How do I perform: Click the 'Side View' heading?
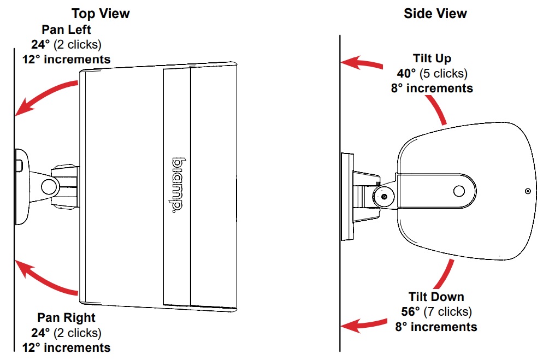(435, 13)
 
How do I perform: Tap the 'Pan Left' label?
(66, 30)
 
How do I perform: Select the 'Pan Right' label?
(66, 317)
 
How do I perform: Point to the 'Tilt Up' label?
(432, 58)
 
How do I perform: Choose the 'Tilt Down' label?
(436, 297)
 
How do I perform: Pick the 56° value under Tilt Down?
(411, 312)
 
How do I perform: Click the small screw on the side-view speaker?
(527, 191)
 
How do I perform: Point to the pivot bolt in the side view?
(385, 196)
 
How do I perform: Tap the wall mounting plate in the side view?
(346, 197)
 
